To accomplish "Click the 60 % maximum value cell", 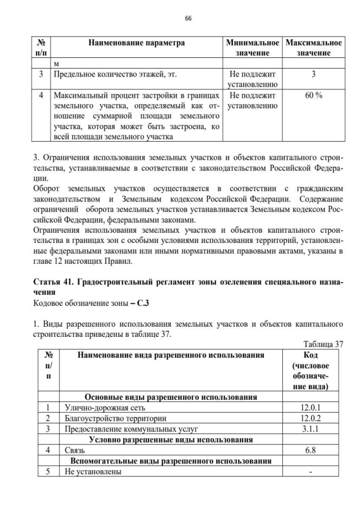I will (x=313, y=95).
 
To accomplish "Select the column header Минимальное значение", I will (x=253, y=47).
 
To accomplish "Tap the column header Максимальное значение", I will (x=313, y=47).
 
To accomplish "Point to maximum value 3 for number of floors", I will (x=313, y=74).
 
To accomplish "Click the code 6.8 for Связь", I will (x=310, y=450).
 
